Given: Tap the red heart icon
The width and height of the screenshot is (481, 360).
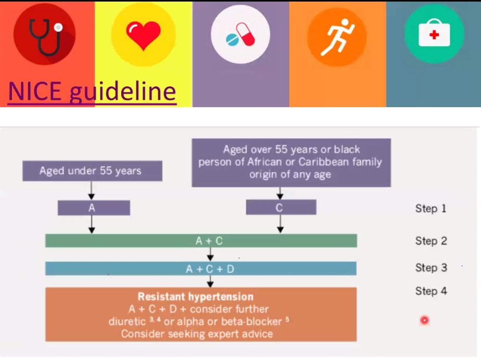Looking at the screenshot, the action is [x=143, y=35].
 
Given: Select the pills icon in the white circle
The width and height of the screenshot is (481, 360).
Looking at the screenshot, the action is [x=240, y=35].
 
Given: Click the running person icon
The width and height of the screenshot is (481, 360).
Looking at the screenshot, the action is [x=337, y=37].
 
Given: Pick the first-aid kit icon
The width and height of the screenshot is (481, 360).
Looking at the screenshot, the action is [x=434, y=32].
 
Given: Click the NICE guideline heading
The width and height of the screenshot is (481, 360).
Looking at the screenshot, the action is [x=92, y=92].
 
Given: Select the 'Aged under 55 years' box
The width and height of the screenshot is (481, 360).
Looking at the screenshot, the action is [x=92, y=171].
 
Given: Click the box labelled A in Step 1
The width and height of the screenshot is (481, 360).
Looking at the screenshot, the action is [x=94, y=208].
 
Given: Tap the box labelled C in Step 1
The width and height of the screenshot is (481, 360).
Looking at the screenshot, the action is [x=281, y=207].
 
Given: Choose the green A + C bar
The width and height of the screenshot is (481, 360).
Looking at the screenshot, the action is [x=201, y=241].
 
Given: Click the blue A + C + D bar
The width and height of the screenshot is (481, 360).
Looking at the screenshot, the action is [x=201, y=268].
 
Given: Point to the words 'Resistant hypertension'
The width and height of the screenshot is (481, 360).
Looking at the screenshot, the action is [x=196, y=297].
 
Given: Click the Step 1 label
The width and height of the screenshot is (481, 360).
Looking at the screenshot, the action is [x=431, y=209].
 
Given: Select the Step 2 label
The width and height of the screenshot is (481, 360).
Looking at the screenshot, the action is [x=431, y=241].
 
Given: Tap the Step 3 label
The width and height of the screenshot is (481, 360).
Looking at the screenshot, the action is [x=431, y=268].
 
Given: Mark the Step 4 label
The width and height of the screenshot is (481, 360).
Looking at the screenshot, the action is [x=431, y=291].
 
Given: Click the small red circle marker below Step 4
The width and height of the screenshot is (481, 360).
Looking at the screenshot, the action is [x=425, y=320].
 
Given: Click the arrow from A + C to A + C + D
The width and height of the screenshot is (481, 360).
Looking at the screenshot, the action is [x=210, y=254].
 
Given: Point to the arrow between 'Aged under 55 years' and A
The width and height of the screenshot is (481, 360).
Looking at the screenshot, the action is [x=92, y=190].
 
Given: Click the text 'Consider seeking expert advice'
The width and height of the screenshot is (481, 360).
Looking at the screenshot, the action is [x=197, y=333].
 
